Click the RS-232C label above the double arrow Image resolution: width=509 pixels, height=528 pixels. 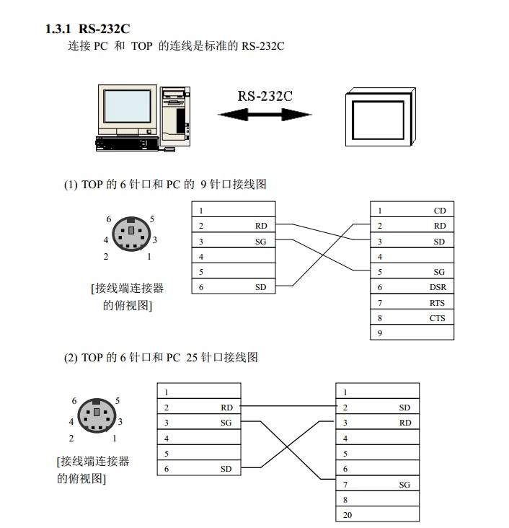coord(265,97)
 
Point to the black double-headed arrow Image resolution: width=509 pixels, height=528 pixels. coord(265,115)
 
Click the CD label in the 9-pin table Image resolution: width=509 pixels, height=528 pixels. coord(439,211)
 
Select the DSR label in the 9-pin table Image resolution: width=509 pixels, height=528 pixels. coord(437,287)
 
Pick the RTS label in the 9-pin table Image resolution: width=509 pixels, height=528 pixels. coord(437,303)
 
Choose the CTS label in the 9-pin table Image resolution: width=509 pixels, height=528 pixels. coord(437,318)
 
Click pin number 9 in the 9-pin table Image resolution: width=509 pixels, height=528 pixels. coord(379,333)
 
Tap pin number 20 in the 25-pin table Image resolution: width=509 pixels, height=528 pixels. coord(347,516)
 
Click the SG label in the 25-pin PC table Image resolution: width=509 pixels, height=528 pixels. coord(404,485)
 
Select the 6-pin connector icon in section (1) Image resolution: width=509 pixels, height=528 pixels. coord(130,234)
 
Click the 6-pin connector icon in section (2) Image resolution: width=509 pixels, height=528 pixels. coord(94,415)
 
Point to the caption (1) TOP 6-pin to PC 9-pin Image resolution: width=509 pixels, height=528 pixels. coord(165,184)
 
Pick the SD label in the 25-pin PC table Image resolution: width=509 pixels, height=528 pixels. coord(404,408)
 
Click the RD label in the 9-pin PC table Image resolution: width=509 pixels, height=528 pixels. coord(439,226)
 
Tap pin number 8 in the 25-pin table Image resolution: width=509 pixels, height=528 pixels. coord(345,499)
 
